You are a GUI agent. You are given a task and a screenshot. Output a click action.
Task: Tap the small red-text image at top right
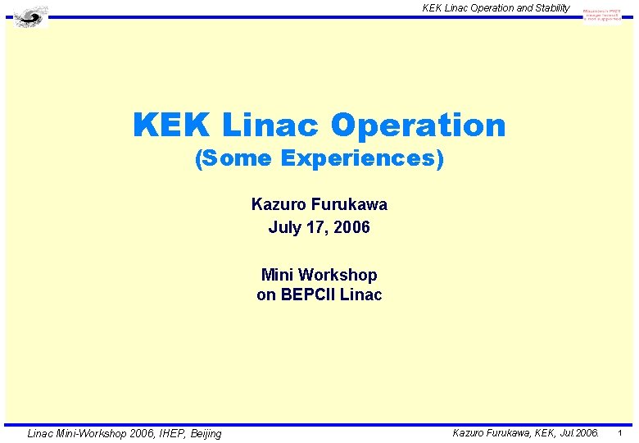602,14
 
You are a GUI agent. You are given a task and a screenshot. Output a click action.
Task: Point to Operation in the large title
418,126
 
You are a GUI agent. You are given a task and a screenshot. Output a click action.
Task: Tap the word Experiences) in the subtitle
361,159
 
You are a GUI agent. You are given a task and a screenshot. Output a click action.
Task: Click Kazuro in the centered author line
277,204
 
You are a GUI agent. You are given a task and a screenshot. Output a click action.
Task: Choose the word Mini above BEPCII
278,275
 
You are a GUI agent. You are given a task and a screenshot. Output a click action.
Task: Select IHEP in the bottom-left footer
159,433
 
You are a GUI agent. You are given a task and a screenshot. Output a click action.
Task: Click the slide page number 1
620,432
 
